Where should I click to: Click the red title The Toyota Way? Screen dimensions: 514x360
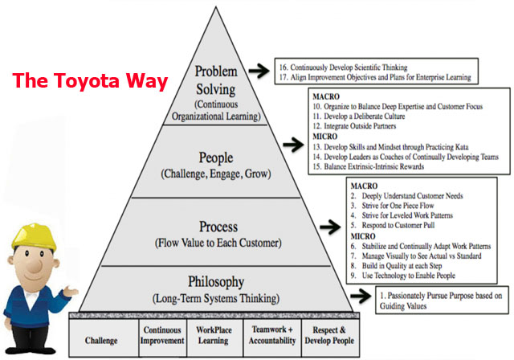pyautogui.click(x=90, y=81)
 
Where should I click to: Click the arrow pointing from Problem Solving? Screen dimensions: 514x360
pyautogui.click(x=259, y=71)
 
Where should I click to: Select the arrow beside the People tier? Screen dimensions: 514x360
pyautogui.click(x=293, y=145)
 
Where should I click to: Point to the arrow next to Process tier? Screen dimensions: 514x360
pyautogui.click(x=330, y=227)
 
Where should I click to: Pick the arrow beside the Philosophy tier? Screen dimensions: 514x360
pyautogui.click(x=361, y=296)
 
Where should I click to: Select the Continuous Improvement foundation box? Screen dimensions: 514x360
pyautogui.click(x=162, y=337)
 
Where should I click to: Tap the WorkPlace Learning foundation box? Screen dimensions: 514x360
pyautogui.click(x=214, y=337)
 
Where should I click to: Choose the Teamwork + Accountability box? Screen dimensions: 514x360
pyautogui.click(x=272, y=337)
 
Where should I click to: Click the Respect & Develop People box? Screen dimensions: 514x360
pyautogui.click(x=330, y=337)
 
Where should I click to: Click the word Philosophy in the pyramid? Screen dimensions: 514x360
pyautogui.click(x=216, y=282)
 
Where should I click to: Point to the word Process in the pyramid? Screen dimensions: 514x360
pyautogui.click(x=218, y=227)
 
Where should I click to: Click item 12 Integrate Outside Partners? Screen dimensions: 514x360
pyautogui.click(x=354, y=126)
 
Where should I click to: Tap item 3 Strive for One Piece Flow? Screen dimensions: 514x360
pyautogui.click(x=392, y=206)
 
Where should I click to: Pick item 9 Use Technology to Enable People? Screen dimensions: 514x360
pyautogui.click(x=403, y=276)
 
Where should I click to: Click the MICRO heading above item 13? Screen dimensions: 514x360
pyautogui.click(x=324, y=137)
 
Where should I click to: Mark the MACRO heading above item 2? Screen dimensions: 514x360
pyautogui.click(x=364, y=186)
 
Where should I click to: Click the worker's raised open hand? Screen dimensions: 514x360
pyautogui.click(x=71, y=291)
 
